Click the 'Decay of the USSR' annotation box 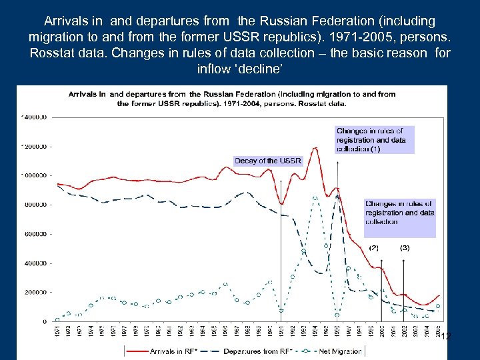point(268,161)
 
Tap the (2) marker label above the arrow point(374,247)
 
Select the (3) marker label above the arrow point(405,247)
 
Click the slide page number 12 point(446,337)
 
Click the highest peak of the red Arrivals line point(315,148)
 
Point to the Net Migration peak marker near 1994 point(315,198)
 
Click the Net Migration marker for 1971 point(57,319)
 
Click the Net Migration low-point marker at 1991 point(282,311)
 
